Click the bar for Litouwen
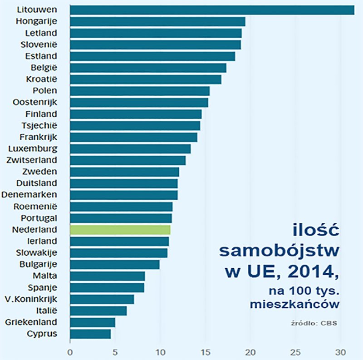[212, 10]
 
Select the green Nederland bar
[120, 229]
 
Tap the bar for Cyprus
[90, 334]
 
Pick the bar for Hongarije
[157, 21]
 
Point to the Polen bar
[140, 91]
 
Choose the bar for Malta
[108, 276]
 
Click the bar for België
[148, 68]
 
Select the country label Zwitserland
[32, 160]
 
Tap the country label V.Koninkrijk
[34, 299]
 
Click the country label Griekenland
[31, 322]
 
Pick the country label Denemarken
[29, 194]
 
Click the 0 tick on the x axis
[70, 351]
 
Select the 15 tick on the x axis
[206, 351]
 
